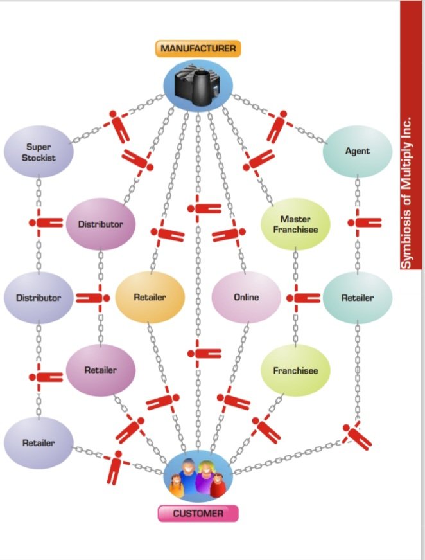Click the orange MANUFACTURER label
198,49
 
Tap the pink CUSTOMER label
198,514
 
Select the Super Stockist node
39,152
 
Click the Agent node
358,151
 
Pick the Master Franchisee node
295,224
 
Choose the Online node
247,297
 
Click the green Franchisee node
295,370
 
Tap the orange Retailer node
150,297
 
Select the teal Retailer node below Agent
358,298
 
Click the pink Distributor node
101,224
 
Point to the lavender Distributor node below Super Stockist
39,298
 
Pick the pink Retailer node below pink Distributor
101,370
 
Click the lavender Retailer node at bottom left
39,443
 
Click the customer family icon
198,477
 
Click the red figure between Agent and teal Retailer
365,223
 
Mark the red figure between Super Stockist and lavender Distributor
46,223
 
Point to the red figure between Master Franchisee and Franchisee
304,298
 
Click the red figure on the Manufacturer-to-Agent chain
278,127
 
